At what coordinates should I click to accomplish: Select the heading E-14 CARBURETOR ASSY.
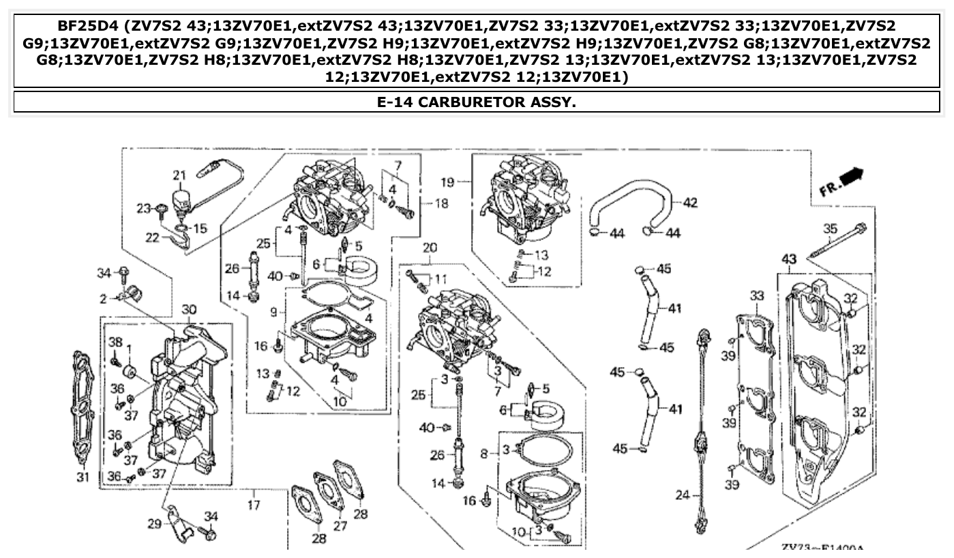tap(477, 102)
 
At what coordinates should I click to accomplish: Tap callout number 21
tap(179, 175)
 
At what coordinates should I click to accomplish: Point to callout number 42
tap(690, 203)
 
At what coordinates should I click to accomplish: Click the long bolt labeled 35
tap(835, 242)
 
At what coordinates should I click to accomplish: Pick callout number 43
tap(788, 260)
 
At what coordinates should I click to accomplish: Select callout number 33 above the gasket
tap(757, 295)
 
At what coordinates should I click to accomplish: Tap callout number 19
tap(447, 182)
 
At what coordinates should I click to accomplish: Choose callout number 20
tap(429, 248)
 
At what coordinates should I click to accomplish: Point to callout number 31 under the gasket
tap(83, 477)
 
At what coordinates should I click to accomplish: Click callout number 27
tap(340, 526)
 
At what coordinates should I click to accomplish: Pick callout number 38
tap(115, 342)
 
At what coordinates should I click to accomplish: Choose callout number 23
tap(143, 208)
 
